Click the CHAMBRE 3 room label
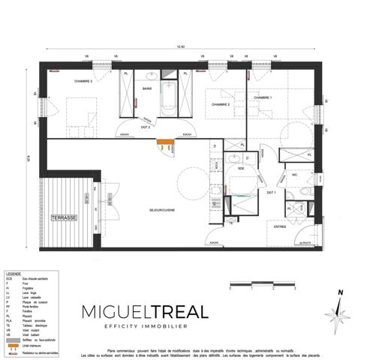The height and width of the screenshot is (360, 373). pos(83,81)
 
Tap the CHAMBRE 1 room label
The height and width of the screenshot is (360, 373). pos(263,98)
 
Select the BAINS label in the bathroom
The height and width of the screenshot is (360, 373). pos(148,88)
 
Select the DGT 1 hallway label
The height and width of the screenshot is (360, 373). pos(272,193)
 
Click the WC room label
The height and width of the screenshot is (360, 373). pos(296,174)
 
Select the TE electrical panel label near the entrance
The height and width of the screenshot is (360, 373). pos(230,223)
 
